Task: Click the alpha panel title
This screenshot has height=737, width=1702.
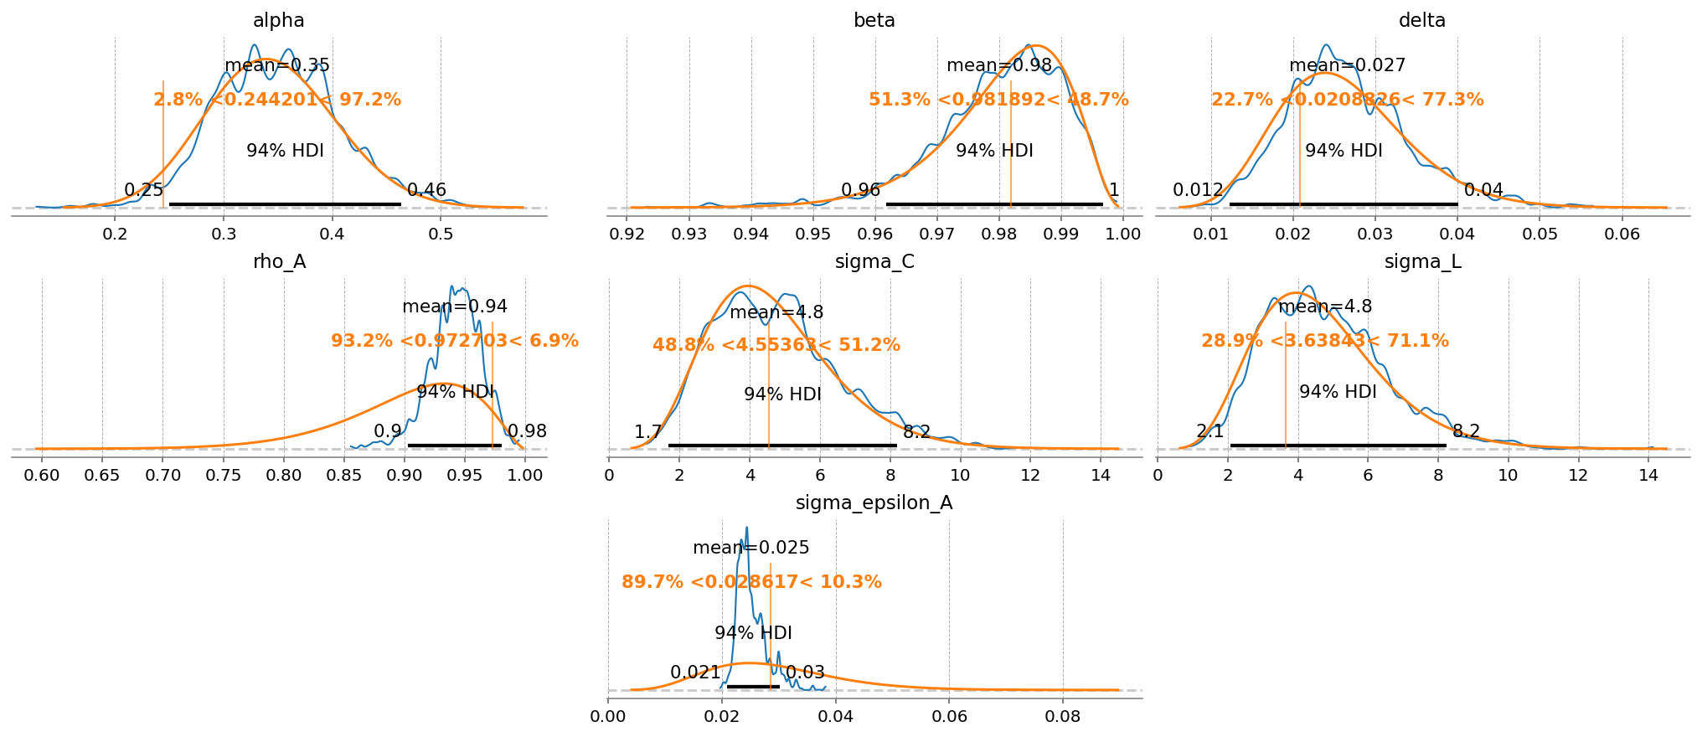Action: [x=279, y=20]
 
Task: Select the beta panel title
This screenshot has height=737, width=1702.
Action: [x=874, y=20]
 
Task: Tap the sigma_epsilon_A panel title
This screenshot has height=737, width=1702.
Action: [x=874, y=502]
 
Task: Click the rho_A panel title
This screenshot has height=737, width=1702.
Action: [x=279, y=261]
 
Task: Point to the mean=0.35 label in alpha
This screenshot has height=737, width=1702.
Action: [x=277, y=65]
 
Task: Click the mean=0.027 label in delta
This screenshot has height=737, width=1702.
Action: [x=1347, y=65]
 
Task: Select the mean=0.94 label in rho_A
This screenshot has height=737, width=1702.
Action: [x=455, y=307]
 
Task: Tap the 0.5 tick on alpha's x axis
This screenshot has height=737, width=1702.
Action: [x=441, y=234]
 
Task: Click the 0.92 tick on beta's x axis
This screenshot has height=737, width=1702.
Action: [x=627, y=234]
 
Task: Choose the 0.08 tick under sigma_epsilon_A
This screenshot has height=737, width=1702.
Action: [x=1063, y=716]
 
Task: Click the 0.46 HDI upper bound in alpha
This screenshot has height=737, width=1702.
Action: [x=426, y=190]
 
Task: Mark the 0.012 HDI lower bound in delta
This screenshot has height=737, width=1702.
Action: [x=1198, y=190]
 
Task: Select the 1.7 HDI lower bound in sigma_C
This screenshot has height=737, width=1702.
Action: [x=647, y=432]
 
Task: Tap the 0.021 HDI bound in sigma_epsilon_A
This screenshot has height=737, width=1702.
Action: [x=695, y=673]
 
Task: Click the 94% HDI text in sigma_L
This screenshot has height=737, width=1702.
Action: [x=1338, y=392]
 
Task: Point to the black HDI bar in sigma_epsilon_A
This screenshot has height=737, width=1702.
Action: [x=753, y=687]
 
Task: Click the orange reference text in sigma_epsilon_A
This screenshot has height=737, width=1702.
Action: [x=751, y=582]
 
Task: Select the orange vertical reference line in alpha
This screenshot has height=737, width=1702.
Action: [x=163, y=142]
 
